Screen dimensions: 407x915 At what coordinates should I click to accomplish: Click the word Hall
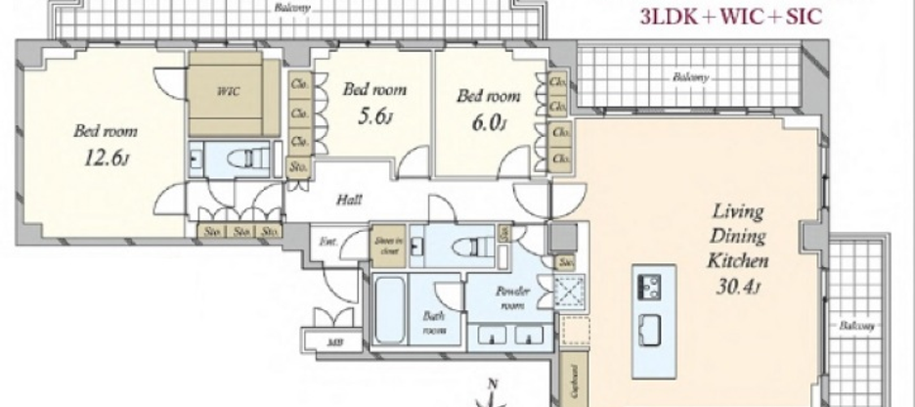click(x=349, y=200)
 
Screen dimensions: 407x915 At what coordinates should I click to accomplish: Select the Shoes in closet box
click(x=387, y=246)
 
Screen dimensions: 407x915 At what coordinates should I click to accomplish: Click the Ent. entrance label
click(x=327, y=239)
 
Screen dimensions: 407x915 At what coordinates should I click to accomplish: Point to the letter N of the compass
click(x=492, y=384)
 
